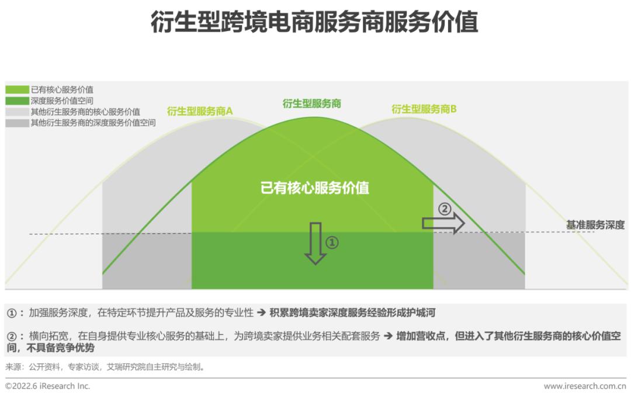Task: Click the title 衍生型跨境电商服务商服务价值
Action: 314,23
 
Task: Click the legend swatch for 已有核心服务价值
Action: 17,89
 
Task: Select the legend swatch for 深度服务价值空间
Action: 17,101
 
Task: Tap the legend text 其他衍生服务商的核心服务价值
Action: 85,112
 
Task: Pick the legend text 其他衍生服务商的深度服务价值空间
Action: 93,123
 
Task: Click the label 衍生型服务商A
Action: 200,110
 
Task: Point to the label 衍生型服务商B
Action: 424,109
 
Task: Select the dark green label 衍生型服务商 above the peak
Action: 311,103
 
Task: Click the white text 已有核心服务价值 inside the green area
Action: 315,188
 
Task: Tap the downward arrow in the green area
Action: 315,243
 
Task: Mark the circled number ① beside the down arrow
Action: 332,242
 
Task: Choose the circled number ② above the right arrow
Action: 445,209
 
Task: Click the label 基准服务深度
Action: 595,224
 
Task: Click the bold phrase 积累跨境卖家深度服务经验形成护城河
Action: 352,313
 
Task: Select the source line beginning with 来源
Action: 106,367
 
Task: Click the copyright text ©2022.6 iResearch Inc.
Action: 48,386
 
